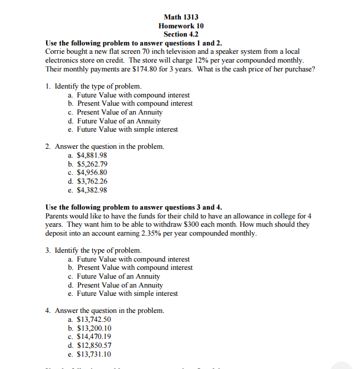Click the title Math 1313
[x=181, y=17]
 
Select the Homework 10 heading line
[x=181, y=26]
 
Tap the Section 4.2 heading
[x=181, y=35]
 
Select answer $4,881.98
[x=92, y=155]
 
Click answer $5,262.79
[x=92, y=164]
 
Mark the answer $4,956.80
[x=92, y=173]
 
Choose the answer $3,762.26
[x=92, y=181]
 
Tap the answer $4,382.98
[x=92, y=190]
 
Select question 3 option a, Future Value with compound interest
[x=133, y=259]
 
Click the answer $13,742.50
[x=94, y=319]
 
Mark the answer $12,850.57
[x=94, y=345]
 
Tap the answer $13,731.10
[x=94, y=354]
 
